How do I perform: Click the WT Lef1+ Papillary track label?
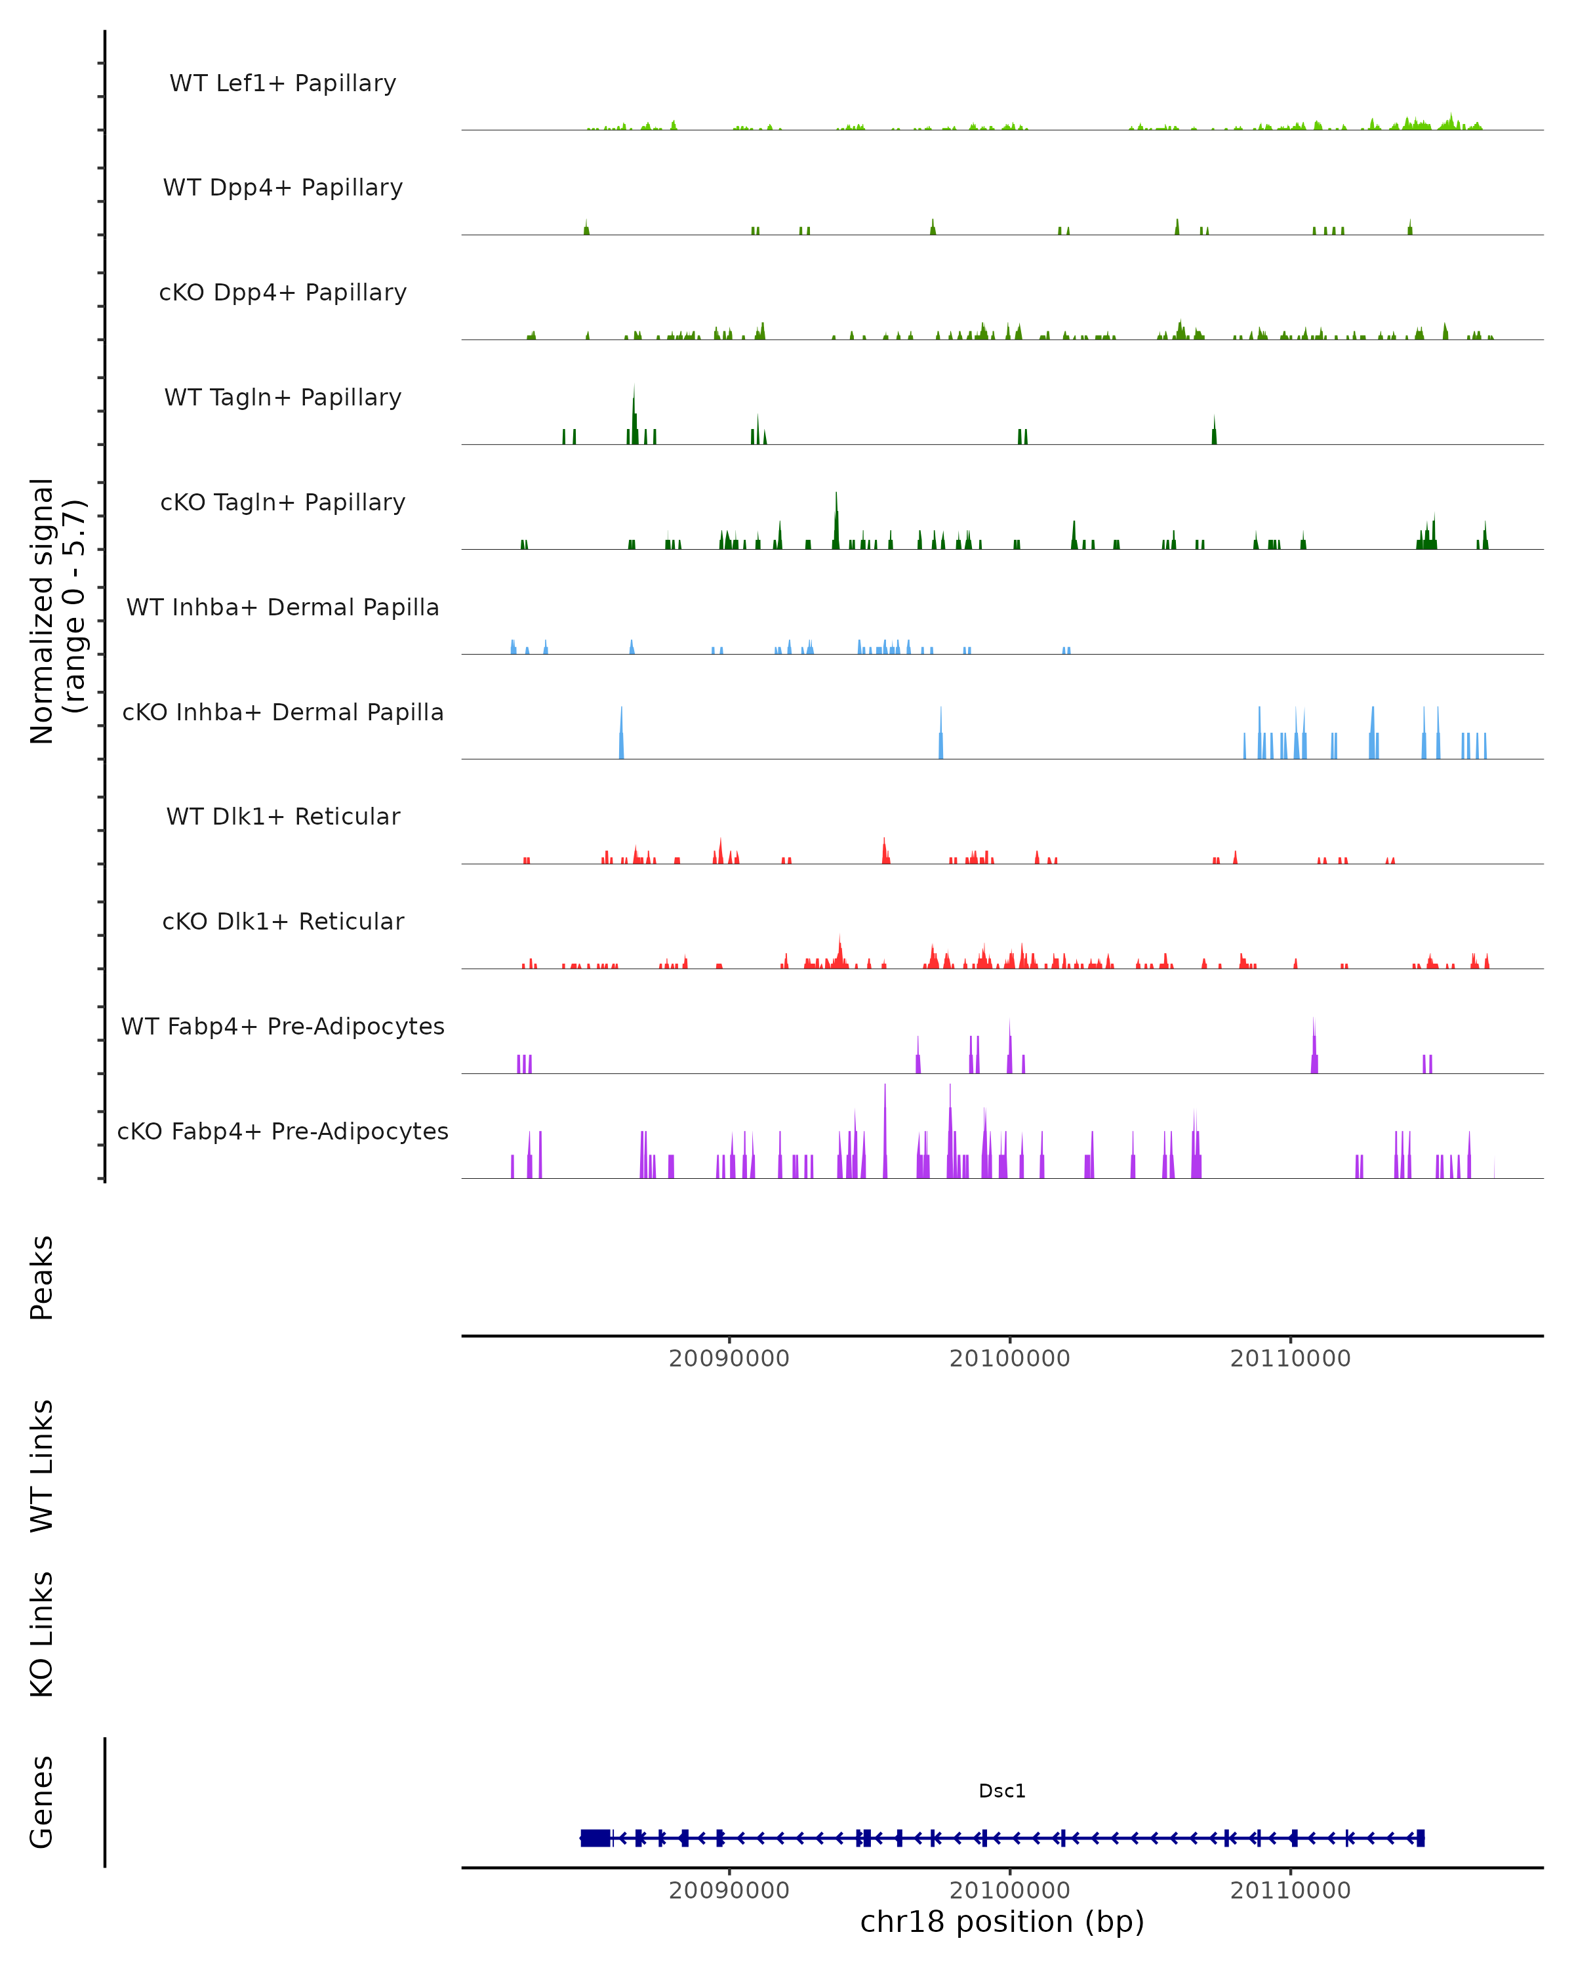coord(283,83)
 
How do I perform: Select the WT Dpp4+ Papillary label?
coord(283,188)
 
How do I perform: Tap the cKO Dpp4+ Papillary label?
coord(283,293)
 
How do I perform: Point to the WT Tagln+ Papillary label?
coord(283,398)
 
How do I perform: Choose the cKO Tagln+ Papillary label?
coord(283,503)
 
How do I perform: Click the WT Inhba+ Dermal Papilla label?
coord(283,608)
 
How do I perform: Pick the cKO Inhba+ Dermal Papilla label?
coord(283,713)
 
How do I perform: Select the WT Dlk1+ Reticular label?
coord(283,817)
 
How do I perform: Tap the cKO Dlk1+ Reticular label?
coord(283,922)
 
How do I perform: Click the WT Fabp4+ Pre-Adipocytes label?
coord(283,1027)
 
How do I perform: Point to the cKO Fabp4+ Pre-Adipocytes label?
coord(283,1132)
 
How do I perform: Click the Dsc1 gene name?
coord(1002,1791)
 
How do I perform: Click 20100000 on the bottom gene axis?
coord(1009,1891)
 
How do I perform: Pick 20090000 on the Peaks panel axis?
coord(729,1359)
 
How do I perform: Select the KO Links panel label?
coord(42,1635)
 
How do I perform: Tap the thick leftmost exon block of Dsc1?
coord(595,1838)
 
